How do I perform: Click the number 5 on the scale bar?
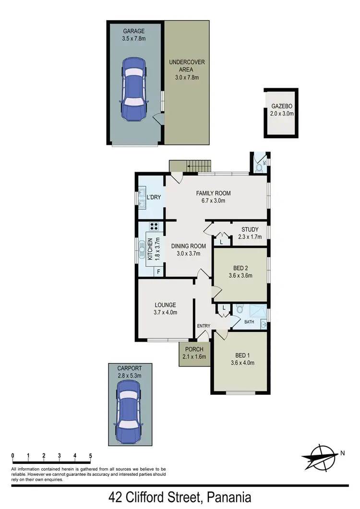(x=90, y=456)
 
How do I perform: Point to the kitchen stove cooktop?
(x=155, y=227)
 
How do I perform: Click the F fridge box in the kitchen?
(x=157, y=272)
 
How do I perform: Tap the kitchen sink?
(x=142, y=249)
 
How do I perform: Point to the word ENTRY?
(x=204, y=326)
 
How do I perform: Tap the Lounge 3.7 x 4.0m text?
(x=166, y=308)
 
